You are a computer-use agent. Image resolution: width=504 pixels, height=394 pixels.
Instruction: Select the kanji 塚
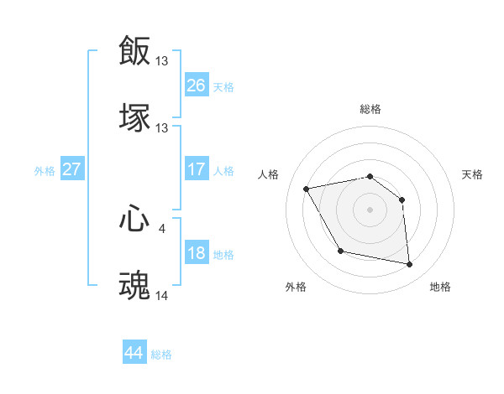pyautogui.click(x=135, y=118)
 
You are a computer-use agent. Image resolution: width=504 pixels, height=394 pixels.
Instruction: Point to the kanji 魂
pyautogui.click(x=135, y=286)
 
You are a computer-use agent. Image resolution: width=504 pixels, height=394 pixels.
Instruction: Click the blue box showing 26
pyautogui.click(x=197, y=86)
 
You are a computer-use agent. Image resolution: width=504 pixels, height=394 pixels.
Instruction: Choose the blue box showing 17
pyautogui.click(x=197, y=169)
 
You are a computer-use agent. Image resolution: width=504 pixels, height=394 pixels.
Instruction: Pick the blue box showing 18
pyautogui.click(x=197, y=253)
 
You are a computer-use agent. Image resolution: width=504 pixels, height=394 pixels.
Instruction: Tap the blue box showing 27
pyautogui.click(x=71, y=169)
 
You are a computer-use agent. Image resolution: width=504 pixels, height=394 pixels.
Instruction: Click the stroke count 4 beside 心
pyautogui.click(x=162, y=227)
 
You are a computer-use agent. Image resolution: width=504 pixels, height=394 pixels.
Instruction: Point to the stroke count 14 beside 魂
pyautogui.click(x=162, y=295)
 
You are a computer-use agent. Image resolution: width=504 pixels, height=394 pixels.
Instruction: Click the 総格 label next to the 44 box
pyautogui.click(x=162, y=355)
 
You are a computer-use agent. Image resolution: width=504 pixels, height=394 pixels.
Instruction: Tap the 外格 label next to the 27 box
pyautogui.click(x=45, y=171)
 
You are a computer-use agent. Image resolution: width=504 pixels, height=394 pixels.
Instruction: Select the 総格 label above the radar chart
pyautogui.click(x=370, y=109)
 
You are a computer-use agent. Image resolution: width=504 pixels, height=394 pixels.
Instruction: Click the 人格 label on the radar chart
pyautogui.click(x=269, y=174)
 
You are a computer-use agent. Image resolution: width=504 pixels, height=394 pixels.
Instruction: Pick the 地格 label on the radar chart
pyautogui.click(x=440, y=288)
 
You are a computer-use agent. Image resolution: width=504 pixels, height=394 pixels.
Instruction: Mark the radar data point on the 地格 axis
pyautogui.click(x=410, y=265)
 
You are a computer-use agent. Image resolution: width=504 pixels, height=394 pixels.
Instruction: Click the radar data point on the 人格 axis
pyautogui.click(x=307, y=189)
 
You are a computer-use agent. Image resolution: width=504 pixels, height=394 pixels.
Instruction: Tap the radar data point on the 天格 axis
pyautogui.click(x=402, y=200)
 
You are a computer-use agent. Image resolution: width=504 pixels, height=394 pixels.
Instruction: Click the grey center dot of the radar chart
pyautogui.click(x=370, y=210)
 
